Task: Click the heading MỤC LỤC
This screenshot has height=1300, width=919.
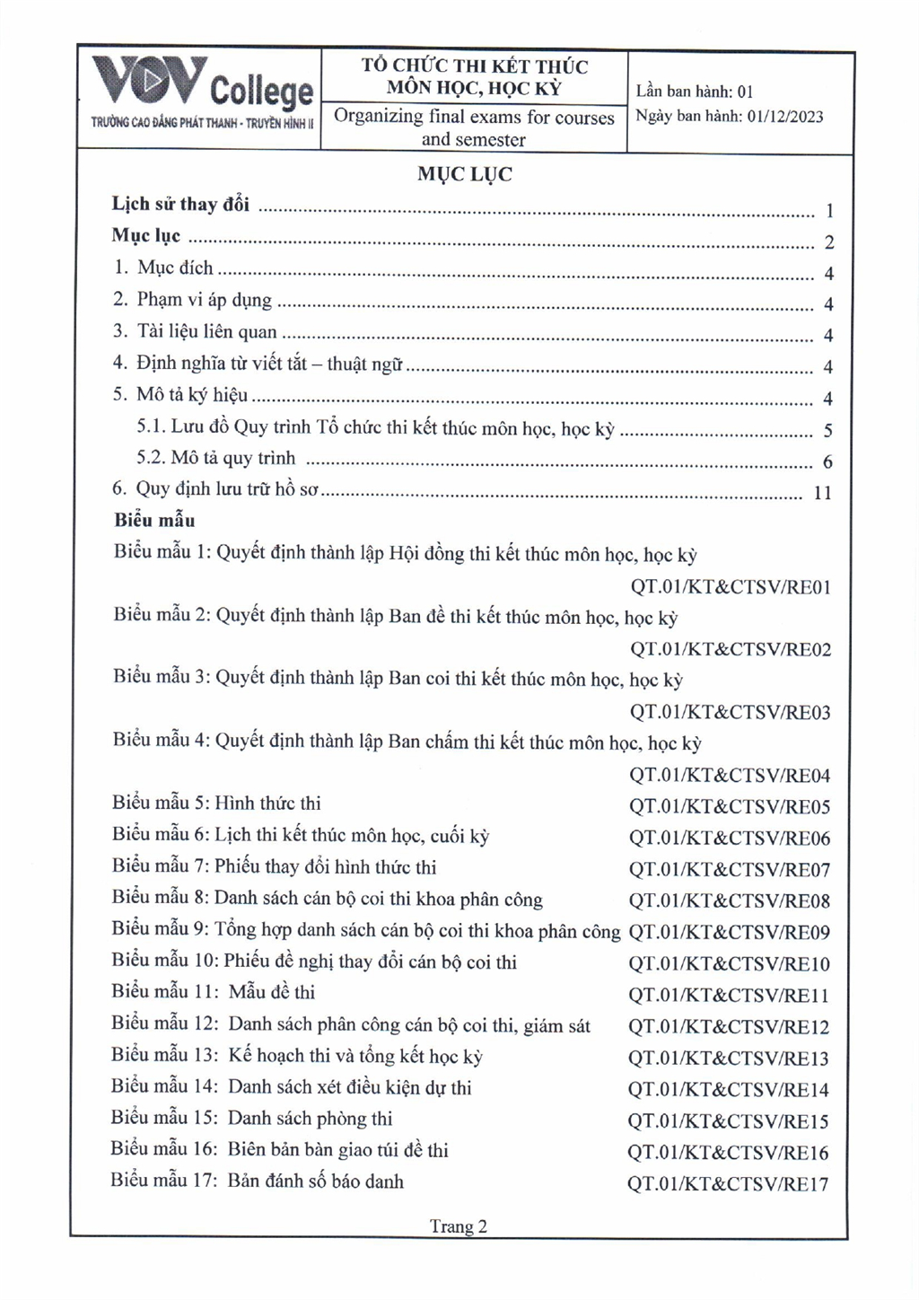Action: (465, 174)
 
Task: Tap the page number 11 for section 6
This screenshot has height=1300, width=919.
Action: (822, 493)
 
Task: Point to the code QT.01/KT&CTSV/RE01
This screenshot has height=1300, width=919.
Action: (731, 587)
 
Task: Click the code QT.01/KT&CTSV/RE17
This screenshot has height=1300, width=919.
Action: (728, 1184)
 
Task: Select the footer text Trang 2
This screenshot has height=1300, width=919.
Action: (459, 1226)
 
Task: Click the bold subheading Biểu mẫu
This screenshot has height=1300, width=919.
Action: (154, 520)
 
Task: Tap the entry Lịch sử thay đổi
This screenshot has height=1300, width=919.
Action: (180, 205)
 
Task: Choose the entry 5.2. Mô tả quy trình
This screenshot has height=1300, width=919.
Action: (215, 459)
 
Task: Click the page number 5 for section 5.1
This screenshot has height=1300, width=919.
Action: (828, 431)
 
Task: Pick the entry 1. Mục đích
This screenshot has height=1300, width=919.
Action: (163, 268)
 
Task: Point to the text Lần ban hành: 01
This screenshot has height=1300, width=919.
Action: (695, 92)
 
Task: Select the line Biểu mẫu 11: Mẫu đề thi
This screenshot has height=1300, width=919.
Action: (214, 993)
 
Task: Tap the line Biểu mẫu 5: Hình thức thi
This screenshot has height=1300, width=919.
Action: (216, 804)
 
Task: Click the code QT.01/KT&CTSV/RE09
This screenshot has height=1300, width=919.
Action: (730, 932)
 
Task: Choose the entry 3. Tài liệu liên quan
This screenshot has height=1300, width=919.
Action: (195, 332)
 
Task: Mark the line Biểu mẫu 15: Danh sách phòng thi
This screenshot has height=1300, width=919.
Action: (252, 1119)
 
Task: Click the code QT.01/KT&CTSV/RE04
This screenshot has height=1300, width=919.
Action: (730, 776)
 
